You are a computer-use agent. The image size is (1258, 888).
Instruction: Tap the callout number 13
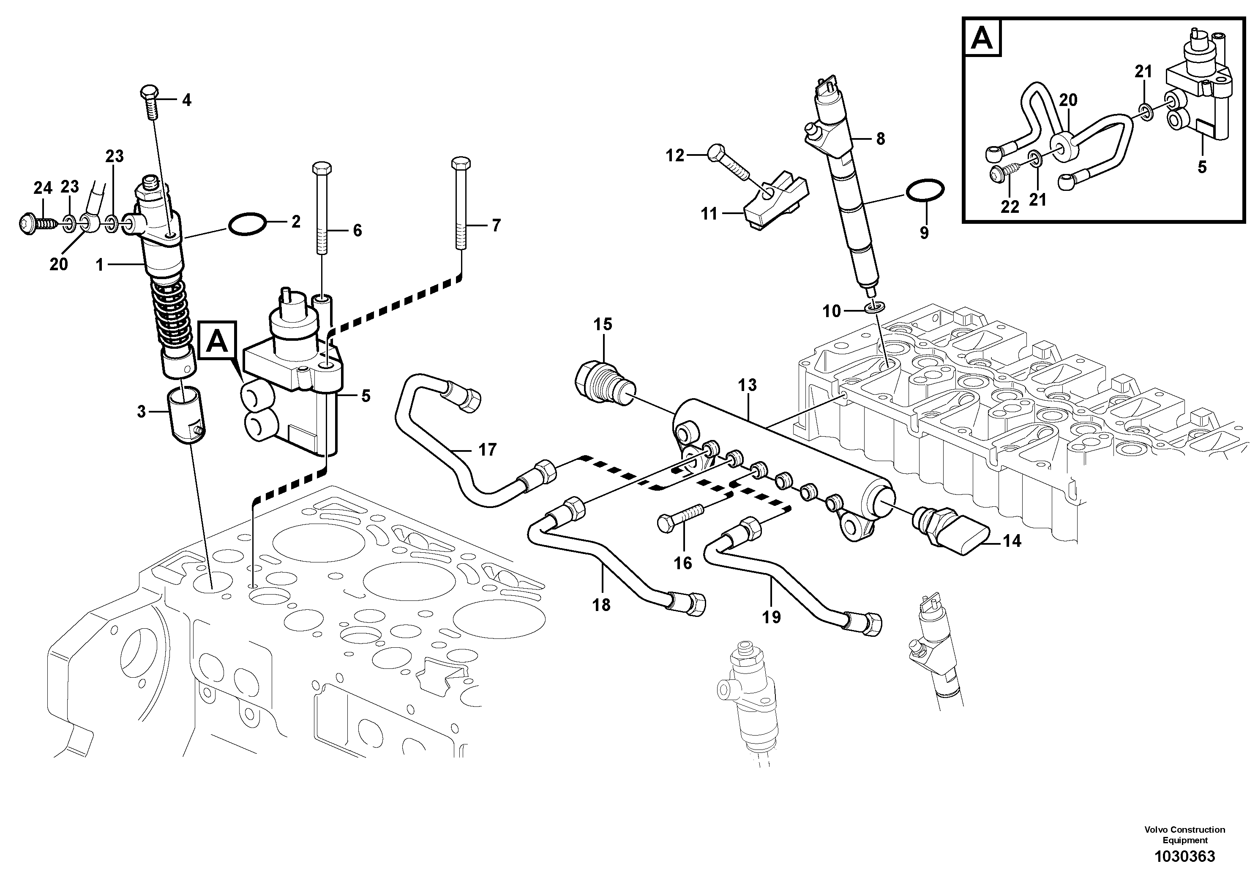point(747,386)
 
